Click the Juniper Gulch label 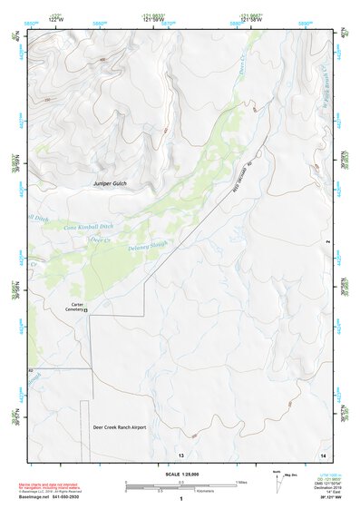tap(112, 184)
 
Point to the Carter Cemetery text tap(81, 304)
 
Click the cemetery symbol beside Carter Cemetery tap(87, 311)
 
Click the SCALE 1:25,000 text tap(180, 474)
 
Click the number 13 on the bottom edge tap(181, 453)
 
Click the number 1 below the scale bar tap(181, 499)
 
